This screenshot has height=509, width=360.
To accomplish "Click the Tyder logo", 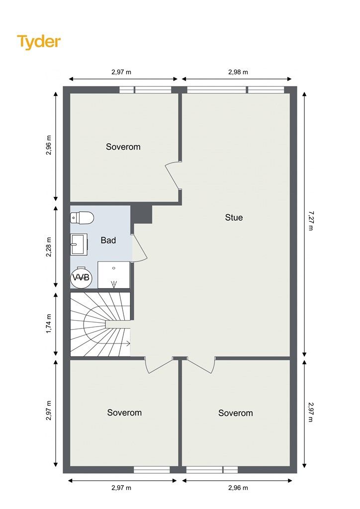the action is click(39, 42).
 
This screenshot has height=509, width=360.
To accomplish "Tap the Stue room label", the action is click(234, 218).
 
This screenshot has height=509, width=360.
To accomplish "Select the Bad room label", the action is click(108, 240).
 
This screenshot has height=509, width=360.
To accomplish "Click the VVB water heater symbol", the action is click(81, 277).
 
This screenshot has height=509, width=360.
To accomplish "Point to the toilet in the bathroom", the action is click(82, 217).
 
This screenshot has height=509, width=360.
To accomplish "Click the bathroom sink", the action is click(79, 244).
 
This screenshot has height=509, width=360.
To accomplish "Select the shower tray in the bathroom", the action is click(113, 275).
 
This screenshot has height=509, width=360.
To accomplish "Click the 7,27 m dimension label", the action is click(311, 221).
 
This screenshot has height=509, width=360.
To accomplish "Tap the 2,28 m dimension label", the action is click(49, 247).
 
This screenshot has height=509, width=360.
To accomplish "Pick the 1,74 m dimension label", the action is click(49, 324).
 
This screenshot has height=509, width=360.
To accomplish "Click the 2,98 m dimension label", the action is click(238, 72).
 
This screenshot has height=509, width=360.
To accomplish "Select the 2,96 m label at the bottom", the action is click(238, 488).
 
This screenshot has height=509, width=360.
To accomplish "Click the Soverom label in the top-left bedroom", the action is click(123, 147).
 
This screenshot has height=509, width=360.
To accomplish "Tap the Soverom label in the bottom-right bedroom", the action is click(235, 413).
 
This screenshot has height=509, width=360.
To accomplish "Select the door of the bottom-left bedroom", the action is click(159, 365).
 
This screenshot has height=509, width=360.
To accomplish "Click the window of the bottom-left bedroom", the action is click(152, 469).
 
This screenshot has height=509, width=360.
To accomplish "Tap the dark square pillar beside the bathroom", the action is click(142, 214).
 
